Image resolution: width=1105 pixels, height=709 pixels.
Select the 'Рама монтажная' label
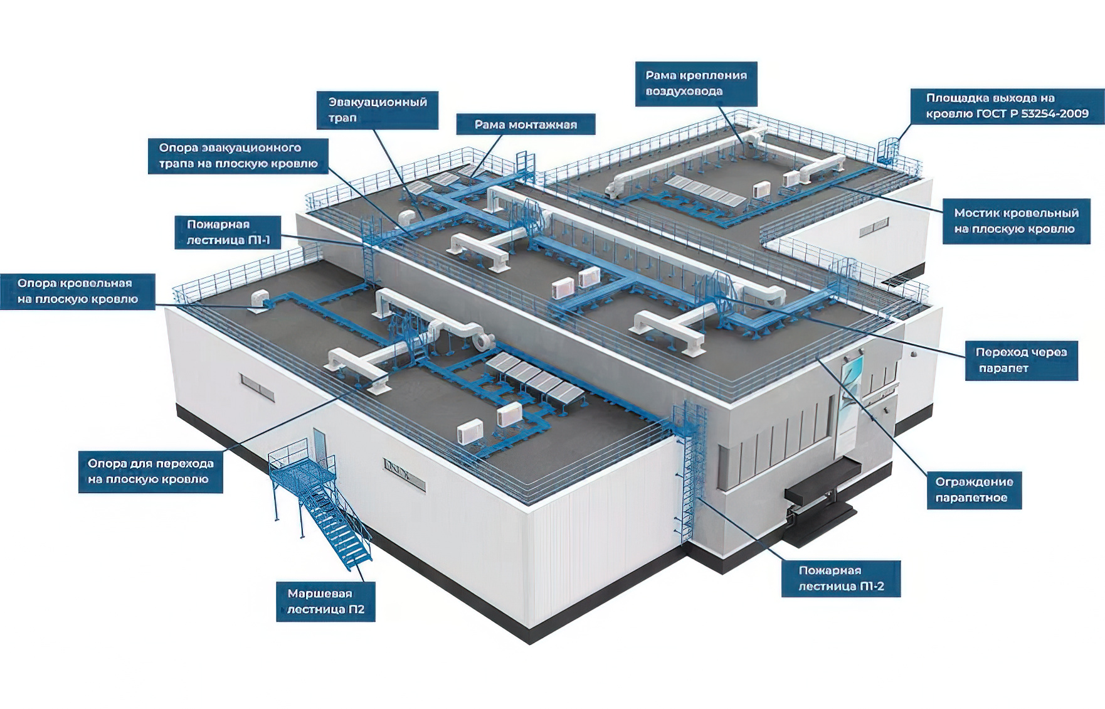tap(526, 124)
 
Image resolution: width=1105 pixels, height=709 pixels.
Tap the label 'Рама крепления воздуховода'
tap(696, 83)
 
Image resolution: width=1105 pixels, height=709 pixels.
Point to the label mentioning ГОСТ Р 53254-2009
tap(1007, 106)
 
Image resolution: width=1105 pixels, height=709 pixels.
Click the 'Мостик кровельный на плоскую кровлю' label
tap(1016, 221)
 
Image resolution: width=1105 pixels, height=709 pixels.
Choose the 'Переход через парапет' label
tap(1021, 360)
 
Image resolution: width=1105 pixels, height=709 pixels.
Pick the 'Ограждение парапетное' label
tap(974, 490)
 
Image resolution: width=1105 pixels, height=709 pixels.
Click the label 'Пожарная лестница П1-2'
tap(840, 578)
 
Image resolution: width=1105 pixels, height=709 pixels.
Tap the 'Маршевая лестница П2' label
tap(325, 601)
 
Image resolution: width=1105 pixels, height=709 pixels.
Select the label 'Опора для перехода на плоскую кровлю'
tap(151, 471)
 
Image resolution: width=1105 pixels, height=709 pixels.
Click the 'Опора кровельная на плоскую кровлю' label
tap(78, 291)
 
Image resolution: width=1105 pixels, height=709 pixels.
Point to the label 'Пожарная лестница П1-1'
tap(228, 232)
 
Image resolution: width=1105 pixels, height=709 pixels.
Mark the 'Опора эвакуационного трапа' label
tap(238, 156)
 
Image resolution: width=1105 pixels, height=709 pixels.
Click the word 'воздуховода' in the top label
tap(684, 92)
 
